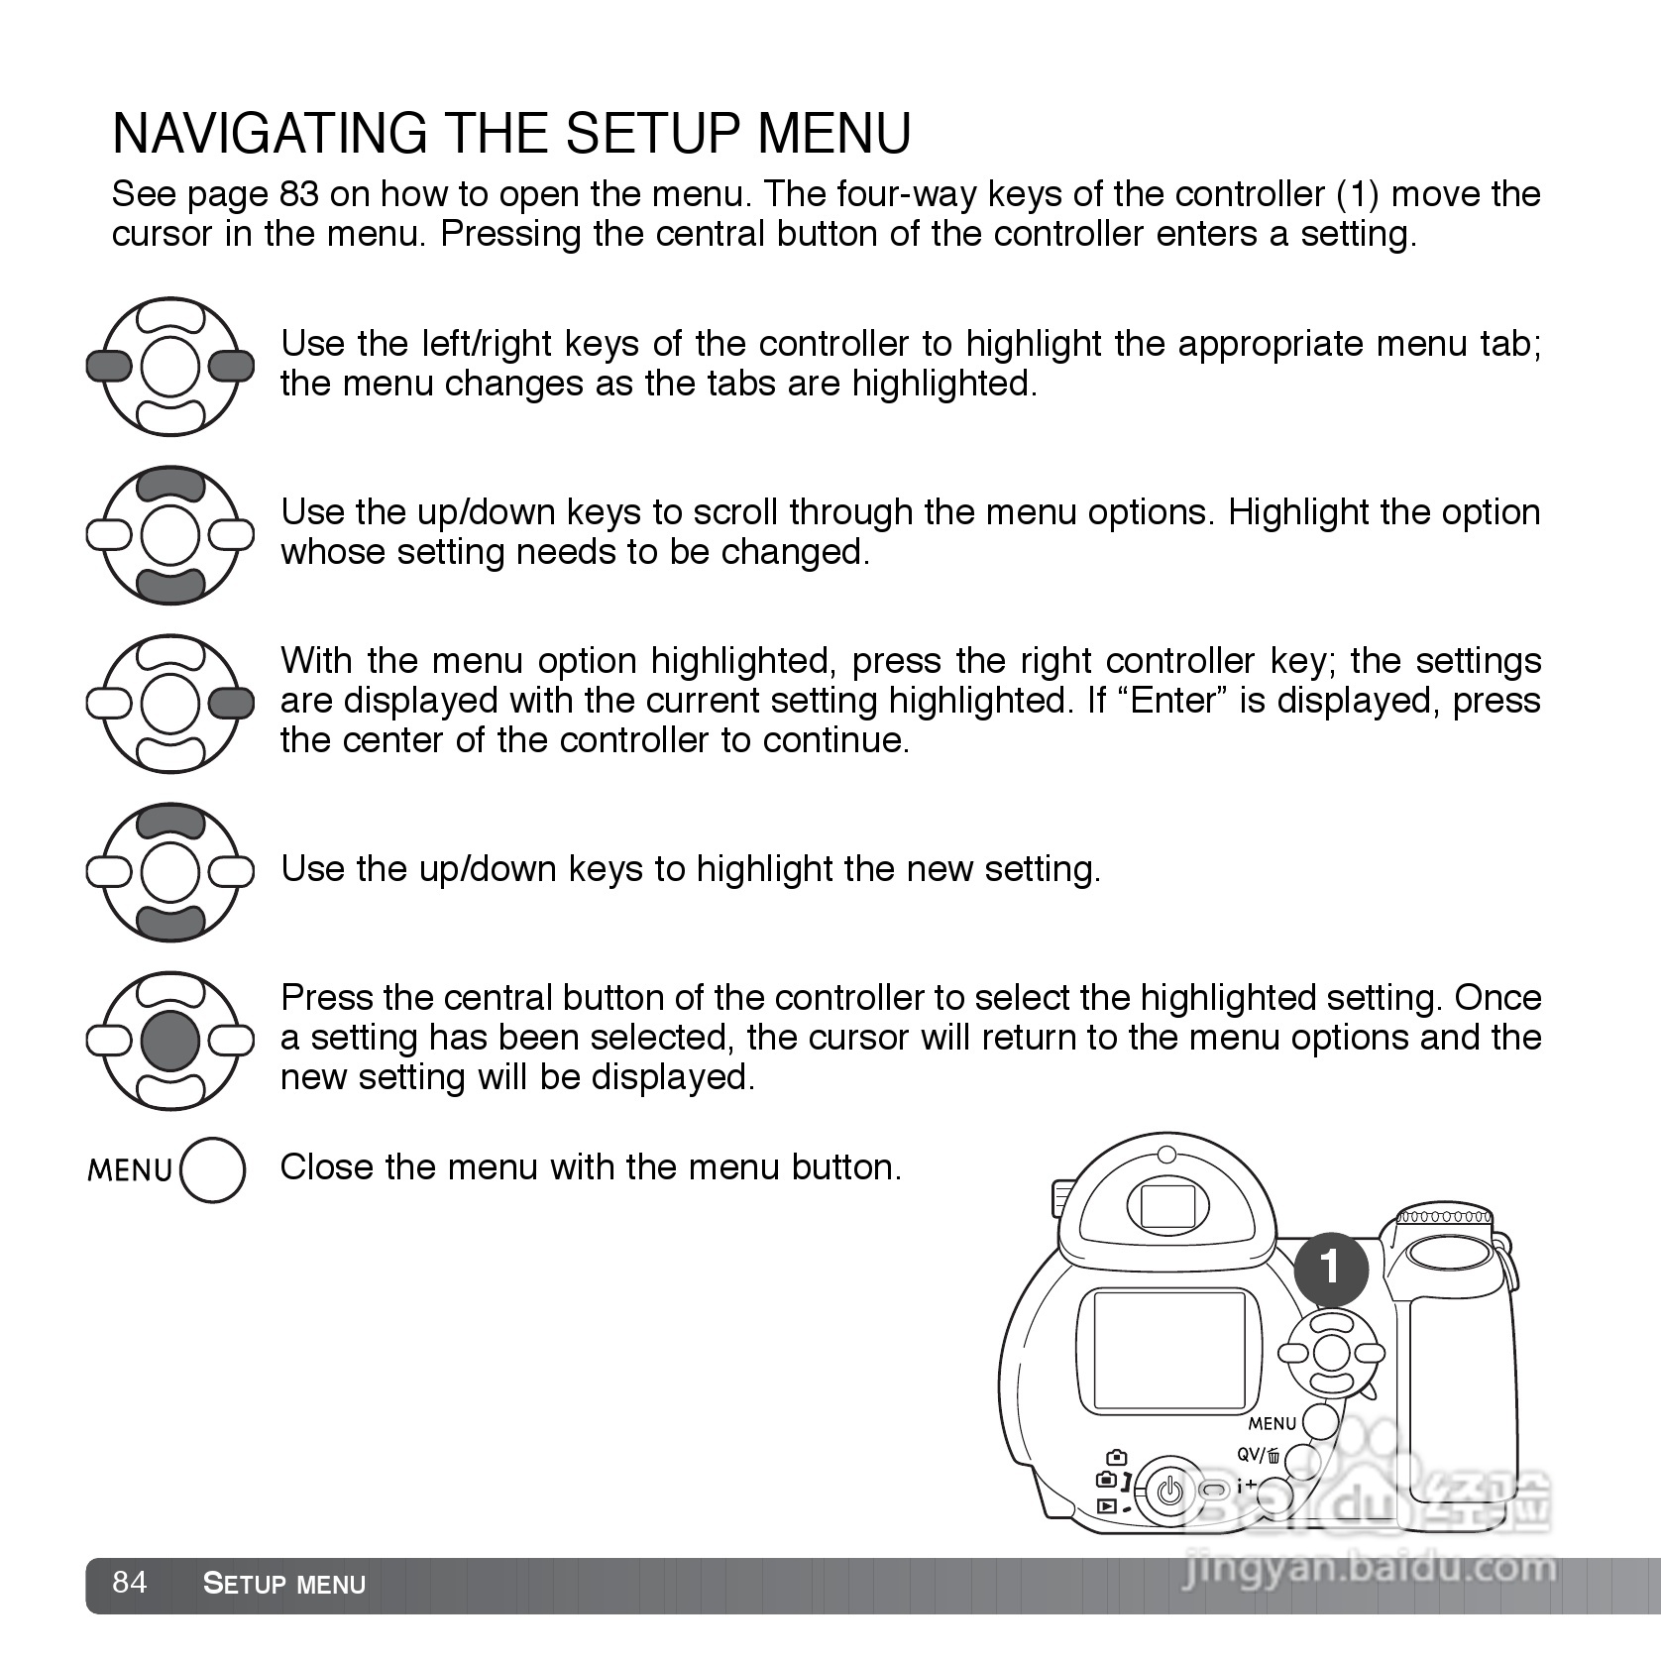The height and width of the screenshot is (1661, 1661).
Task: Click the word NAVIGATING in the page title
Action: [x=270, y=134]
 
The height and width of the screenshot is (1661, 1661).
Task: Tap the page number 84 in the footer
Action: [x=130, y=1582]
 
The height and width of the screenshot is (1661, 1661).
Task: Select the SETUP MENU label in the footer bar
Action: [x=284, y=1584]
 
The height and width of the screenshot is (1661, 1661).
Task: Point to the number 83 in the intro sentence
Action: [x=298, y=194]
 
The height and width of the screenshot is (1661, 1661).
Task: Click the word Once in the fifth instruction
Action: [x=1497, y=998]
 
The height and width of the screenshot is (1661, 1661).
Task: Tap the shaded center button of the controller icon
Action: [x=170, y=1040]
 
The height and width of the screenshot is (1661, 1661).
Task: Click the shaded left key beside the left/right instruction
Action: [x=109, y=367]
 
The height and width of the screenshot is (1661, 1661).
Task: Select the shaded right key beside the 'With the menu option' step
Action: [x=232, y=704]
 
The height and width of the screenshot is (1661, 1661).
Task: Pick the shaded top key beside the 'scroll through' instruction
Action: [x=170, y=486]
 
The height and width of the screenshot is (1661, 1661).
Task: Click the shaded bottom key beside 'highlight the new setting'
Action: [x=170, y=922]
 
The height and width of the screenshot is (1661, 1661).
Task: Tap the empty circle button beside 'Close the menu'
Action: [x=213, y=1169]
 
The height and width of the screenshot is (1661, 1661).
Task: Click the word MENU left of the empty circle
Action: [x=130, y=1170]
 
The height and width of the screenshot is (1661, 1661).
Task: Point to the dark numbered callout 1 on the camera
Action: [x=1330, y=1267]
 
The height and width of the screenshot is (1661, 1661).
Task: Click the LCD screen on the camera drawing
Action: [x=1169, y=1350]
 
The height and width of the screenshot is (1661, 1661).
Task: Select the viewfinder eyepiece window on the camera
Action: [x=1166, y=1206]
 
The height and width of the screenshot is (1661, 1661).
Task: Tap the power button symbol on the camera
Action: [x=1170, y=1491]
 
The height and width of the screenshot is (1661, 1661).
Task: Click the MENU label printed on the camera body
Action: [x=1273, y=1424]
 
